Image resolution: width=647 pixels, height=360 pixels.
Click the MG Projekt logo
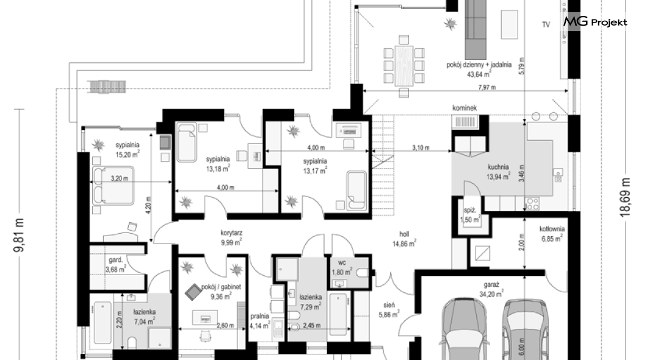[x=595, y=22]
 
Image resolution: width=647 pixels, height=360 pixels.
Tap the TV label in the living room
[x=546, y=25]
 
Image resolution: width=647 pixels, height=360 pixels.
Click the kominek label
[x=464, y=108]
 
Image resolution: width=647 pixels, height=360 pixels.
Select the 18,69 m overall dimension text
[x=626, y=197]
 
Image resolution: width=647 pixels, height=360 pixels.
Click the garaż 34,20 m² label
[x=491, y=289]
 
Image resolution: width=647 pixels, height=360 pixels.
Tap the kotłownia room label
[x=552, y=234]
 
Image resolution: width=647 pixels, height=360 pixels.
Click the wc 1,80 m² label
[x=342, y=268]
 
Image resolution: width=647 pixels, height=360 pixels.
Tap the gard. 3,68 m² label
[x=115, y=265]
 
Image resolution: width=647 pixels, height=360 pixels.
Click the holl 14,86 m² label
[x=404, y=239]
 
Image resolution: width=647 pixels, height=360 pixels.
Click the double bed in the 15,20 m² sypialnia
[x=112, y=185]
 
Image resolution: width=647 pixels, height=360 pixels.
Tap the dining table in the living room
[x=403, y=65]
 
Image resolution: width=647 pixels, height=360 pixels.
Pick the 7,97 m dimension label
[x=487, y=87]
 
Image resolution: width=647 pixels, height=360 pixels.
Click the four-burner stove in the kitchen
[x=532, y=203]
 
